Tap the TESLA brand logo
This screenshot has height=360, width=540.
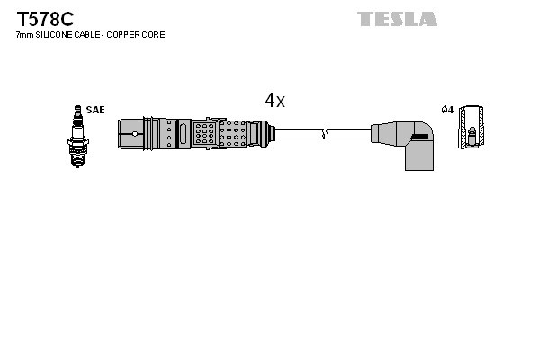pos(397,19)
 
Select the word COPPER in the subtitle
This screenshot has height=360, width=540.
pos(127,35)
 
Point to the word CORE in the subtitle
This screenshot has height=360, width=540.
pos(155,35)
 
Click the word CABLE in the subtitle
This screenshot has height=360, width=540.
pos(88,35)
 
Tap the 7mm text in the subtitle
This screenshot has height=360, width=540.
pos(24,35)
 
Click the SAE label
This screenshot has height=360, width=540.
pos(96,110)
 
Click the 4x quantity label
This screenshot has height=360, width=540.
pos(274,101)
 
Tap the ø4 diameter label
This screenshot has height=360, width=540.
pos(446,110)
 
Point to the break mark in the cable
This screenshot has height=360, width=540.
pos(326,134)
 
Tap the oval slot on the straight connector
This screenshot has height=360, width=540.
pos(184,134)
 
